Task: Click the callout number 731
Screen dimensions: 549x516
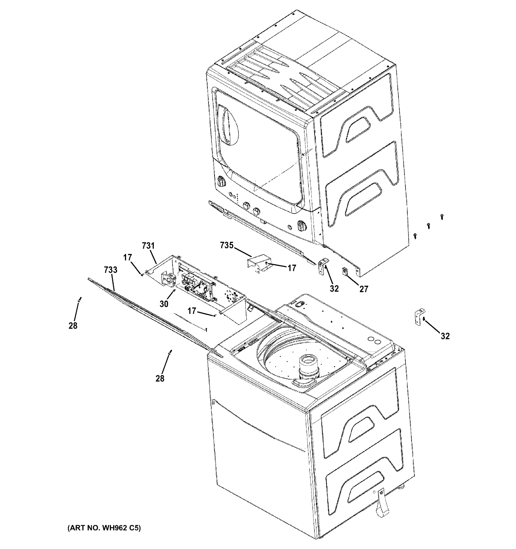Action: [148, 246]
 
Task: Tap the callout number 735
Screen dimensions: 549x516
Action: [227, 245]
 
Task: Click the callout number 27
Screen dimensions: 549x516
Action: [364, 289]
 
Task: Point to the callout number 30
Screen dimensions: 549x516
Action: [164, 304]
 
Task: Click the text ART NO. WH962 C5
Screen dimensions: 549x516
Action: [104, 528]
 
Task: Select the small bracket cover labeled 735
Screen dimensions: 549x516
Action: [259, 264]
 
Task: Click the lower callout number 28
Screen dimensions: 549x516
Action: [160, 378]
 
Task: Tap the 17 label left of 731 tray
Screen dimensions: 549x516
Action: [127, 257]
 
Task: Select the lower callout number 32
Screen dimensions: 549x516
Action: [445, 336]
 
